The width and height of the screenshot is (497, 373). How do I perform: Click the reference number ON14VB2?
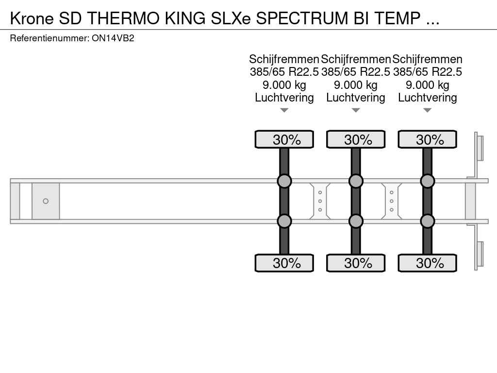pos(113,38)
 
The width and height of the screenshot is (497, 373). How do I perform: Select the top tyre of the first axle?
pos(284,139)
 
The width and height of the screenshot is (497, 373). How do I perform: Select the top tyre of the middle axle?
pos(356,139)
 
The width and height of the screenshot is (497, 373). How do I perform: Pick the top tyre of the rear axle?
pos(427,139)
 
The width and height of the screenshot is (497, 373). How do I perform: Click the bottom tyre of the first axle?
pos(284,263)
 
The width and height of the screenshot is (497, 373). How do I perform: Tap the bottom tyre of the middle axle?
pos(356,263)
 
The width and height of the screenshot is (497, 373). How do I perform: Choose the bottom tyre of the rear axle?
pos(427,263)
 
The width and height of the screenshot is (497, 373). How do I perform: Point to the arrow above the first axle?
pos(284,110)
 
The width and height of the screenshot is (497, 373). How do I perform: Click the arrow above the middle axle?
pos(356,110)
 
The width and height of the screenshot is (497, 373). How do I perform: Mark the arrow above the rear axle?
pos(427,110)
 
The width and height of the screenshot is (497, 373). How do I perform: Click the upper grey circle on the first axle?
pos(284,181)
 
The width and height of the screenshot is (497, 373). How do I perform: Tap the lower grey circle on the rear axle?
pos(427,221)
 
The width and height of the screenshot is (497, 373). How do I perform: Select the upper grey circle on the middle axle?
pos(356,181)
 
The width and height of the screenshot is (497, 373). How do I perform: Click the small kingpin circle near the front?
pos(46,201)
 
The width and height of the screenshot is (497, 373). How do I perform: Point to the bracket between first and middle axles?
pos(320,201)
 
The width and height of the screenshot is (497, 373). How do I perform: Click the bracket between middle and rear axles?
pos(391,201)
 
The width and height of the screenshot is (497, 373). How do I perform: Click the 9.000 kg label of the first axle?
pos(284,85)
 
